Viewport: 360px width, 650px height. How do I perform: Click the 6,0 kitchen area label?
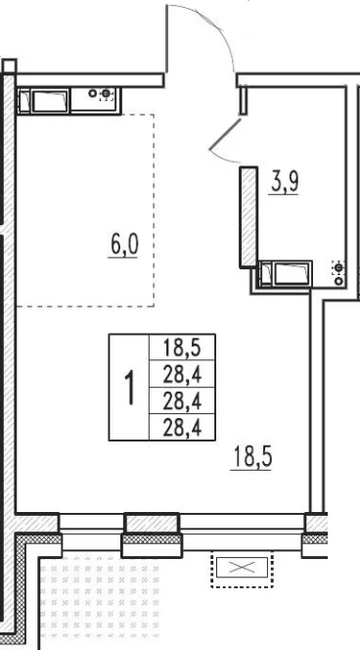(x=124, y=246)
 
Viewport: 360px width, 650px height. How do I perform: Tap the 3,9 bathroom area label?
(x=285, y=182)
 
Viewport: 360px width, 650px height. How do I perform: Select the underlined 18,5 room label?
(x=252, y=457)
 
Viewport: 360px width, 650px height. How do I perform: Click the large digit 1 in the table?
(x=130, y=388)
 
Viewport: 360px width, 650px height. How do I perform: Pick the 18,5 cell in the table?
(x=182, y=347)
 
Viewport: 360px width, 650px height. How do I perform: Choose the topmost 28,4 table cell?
(x=182, y=374)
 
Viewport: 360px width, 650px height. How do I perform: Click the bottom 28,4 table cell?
(x=182, y=427)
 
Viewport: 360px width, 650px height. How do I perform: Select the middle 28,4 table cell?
(x=182, y=400)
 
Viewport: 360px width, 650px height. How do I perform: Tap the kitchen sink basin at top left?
(x=50, y=101)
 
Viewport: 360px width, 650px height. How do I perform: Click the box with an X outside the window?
(x=242, y=568)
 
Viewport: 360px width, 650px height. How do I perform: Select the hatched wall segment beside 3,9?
(x=249, y=216)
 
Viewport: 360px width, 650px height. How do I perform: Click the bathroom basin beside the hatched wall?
(x=292, y=274)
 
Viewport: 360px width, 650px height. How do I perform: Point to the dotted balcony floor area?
(x=100, y=601)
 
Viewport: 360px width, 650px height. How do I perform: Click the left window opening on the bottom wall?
(x=92, y=533)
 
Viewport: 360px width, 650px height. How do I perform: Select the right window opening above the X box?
(x=242, y=533)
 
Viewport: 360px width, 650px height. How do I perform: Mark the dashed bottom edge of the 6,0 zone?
(x=85, y=306)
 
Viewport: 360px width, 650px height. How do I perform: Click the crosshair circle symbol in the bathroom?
(x=338, y=268)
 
